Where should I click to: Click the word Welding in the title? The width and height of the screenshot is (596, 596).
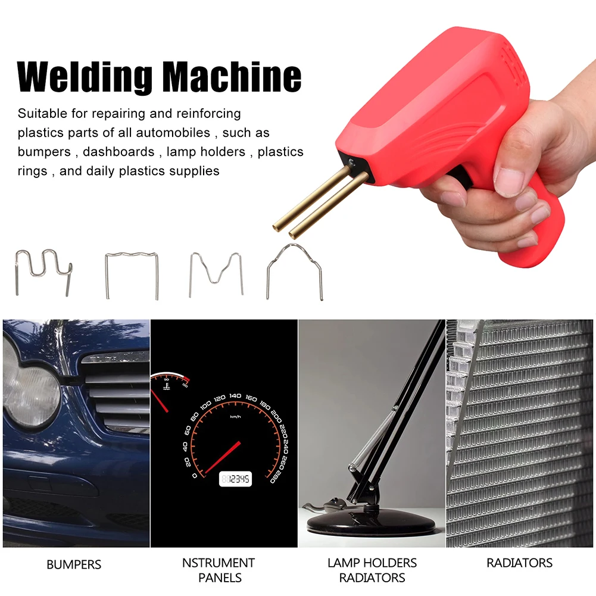pos(85,77)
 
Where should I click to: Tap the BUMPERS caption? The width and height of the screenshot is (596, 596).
pos(74,564)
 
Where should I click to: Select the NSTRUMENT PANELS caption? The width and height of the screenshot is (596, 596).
pos(219,570)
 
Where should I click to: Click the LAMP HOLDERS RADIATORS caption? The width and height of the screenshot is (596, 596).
pos(372,570)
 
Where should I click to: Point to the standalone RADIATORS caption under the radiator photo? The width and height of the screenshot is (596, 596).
pos(519,563)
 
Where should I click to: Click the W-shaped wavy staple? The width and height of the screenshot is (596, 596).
pos(43,272)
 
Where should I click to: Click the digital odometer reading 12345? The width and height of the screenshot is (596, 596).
pos(235,479)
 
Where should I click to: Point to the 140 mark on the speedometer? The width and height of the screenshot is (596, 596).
pos(235,396)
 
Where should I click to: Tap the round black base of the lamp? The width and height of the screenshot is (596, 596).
pos(370,523)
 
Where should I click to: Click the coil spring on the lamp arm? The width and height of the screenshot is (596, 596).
pos(373,439)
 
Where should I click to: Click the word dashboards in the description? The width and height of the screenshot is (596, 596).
pos(118,152)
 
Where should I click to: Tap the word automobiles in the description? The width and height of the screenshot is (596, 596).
pos(173,133)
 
